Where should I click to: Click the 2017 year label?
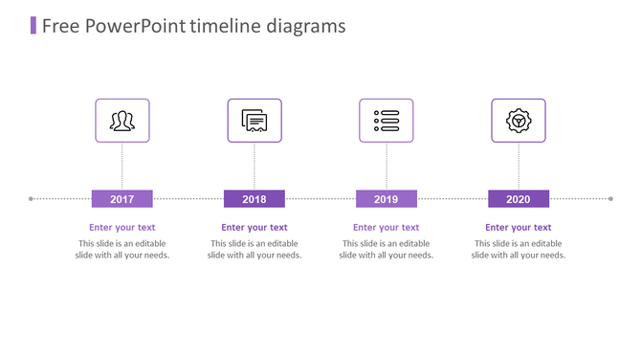[x=122, y=199]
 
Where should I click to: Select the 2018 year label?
[x=254, y=199]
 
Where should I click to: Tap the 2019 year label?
[x=386, y=199]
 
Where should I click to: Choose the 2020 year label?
[x=518, y=199]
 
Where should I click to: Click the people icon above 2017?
[x=122, y=121]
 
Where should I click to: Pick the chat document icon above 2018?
[x=254, y=121]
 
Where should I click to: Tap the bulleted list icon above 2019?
[x=386, y=121]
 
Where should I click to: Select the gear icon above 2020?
[x=518, y=121]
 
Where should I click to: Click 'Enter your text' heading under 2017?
[x=122, y=228]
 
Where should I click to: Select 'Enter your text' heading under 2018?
[x=254, y=228]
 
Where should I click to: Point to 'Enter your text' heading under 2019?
[x=386, y=228]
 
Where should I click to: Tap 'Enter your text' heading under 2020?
[x=518, y=228]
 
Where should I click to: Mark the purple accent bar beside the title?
[x=33, y=25]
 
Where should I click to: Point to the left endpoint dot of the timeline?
[x=32, y=199]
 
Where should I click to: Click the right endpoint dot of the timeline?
[x=610, y=199]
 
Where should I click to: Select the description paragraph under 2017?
[x=122, y=249]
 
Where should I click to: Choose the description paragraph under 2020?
[x=518, y=249]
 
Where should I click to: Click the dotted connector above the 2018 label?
[x=254, y=167]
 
